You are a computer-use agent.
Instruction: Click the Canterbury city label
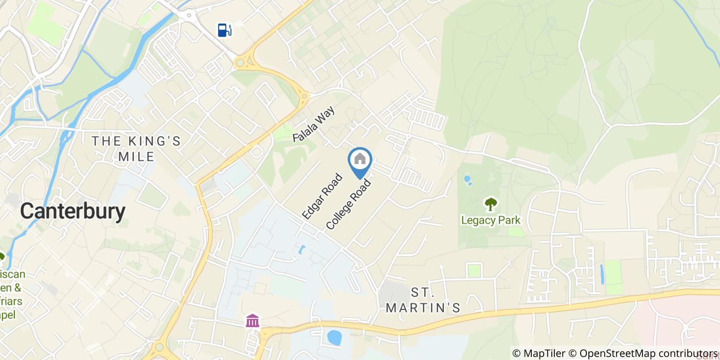73,211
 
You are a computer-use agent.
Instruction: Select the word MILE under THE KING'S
136,156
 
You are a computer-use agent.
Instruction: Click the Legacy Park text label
490,221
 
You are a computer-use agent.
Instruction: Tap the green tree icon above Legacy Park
491,204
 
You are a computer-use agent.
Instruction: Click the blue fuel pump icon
224,30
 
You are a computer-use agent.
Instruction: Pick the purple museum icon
253,321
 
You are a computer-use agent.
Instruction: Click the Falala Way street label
314,124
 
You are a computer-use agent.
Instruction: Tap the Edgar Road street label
322,196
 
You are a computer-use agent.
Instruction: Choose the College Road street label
348,204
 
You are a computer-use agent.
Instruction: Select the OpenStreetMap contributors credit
643,353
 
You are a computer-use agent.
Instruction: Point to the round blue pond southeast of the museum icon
334,337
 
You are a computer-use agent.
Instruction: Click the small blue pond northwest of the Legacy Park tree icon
467,180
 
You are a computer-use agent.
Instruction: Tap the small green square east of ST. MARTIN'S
474,271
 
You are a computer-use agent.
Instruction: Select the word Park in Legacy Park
509,221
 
